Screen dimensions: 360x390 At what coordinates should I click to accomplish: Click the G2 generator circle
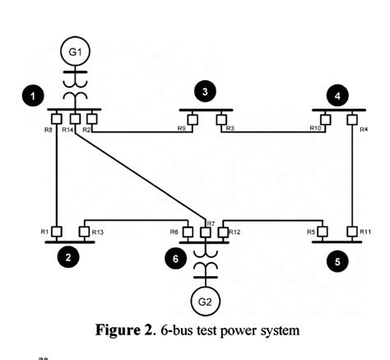(x=203, y=301)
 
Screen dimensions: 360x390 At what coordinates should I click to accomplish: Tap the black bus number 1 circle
(x=32, y=96)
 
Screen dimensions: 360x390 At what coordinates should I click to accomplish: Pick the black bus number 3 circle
(x=206, y=91)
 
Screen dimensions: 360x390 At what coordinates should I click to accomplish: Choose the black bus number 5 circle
(x=336, y=263)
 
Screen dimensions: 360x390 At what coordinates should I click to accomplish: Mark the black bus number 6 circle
(x=175, y=258)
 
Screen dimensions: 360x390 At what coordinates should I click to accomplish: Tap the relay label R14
(x=68, y=130)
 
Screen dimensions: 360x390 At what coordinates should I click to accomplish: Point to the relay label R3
(x=230, y=129)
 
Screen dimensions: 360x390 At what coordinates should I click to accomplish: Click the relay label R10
(x=316, y=129)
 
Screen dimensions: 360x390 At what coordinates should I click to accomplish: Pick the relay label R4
(x=364, y=129)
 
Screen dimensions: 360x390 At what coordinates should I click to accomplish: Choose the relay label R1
(x=45, y=232)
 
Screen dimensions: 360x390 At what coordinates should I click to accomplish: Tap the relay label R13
(x=98, y=232)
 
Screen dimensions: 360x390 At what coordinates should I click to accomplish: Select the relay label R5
(x=312, y=232)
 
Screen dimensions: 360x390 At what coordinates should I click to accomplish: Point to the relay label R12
(x=234, y=232)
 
